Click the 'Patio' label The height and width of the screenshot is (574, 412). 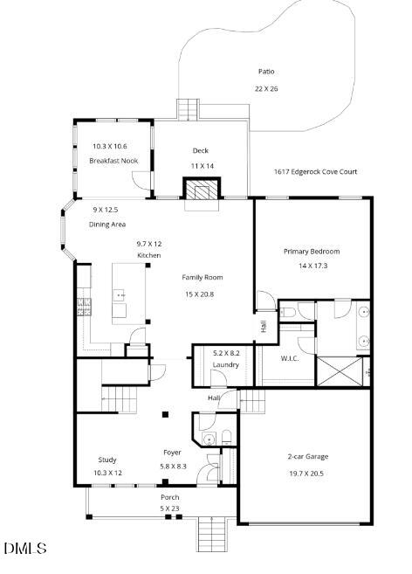(265, 72)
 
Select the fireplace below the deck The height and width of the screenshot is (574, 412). (201, 190)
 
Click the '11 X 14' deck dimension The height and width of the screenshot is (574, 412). (203, 165)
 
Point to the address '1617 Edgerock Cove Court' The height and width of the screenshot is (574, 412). (315, 172)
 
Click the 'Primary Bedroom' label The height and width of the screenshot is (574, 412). (312, 252)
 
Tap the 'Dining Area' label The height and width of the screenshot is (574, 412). (108, 225)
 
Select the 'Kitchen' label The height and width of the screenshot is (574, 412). (148, 255)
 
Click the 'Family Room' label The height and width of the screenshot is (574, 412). (203, 277)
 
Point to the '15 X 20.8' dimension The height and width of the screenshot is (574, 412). (199, 294)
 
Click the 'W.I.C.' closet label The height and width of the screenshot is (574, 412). (291, 358)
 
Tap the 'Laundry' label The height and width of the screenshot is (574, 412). (226, 364)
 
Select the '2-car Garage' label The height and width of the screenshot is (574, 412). (308, 456)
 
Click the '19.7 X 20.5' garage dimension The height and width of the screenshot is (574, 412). (307, 473)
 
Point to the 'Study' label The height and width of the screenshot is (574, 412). (107, 460)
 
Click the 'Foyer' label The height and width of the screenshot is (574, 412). (173, 453)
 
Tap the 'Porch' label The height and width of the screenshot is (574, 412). (169, 497)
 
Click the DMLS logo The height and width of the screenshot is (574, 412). (24, 549)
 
